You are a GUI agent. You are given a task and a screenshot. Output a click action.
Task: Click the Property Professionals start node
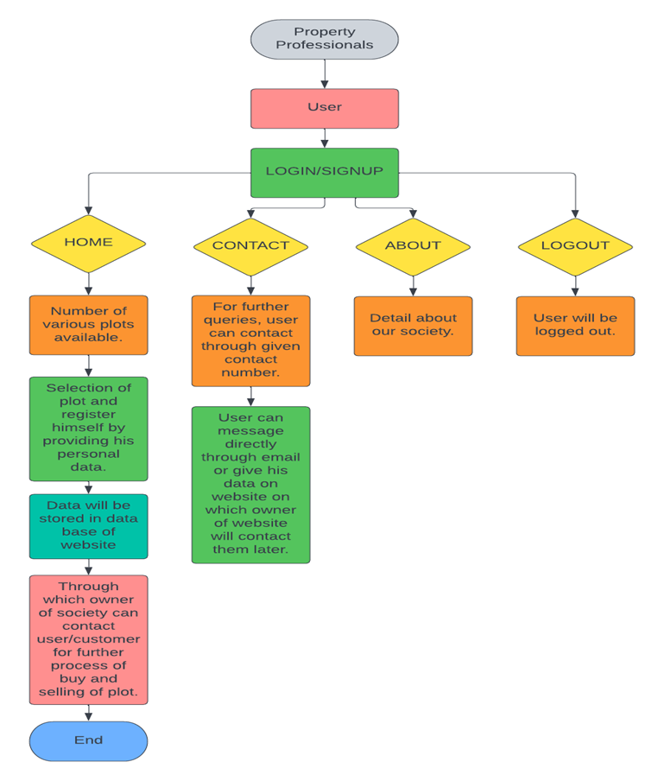324,39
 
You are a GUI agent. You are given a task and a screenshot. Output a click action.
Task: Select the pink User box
324,108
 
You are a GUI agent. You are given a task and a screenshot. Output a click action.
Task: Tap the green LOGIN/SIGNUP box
324,172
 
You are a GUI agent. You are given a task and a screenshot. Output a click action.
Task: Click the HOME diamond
88,243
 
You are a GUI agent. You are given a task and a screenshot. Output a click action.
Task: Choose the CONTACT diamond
250,245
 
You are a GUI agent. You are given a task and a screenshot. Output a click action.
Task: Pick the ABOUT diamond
413,245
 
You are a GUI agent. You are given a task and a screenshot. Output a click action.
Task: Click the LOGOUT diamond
575,245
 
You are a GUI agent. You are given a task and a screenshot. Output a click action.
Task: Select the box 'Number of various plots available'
88,325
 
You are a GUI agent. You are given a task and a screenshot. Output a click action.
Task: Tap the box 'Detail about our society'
413,326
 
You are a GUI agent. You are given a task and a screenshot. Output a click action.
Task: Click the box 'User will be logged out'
575,326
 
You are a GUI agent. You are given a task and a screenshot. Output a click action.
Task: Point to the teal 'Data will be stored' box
88,526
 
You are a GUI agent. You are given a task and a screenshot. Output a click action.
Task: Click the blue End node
88,740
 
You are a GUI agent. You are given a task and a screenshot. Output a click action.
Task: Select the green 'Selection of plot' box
88,428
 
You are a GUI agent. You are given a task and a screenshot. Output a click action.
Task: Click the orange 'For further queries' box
250,340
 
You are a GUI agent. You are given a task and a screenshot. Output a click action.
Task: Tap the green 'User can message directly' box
250,485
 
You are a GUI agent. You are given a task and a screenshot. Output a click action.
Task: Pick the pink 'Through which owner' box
88,639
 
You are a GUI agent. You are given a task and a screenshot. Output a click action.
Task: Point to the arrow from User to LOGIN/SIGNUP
325,138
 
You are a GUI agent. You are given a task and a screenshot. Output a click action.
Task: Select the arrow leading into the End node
88,713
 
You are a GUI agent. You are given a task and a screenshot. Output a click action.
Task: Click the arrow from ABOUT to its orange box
413,286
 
